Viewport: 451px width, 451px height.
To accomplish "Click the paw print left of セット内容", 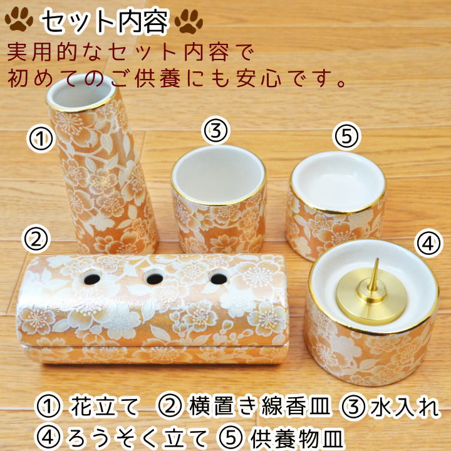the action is click(19, 19).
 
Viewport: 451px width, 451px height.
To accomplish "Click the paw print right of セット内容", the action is click(189, 21).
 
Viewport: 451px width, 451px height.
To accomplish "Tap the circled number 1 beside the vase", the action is click(41, 138).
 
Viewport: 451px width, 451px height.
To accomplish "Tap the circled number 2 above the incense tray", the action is click(36, 239).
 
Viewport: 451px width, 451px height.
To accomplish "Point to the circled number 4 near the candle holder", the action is click(428, 243).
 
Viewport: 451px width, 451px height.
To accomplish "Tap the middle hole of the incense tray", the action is click(155, 278).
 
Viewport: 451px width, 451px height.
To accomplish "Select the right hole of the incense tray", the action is click(219, 278).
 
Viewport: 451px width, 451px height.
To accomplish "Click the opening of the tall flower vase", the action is click(81, 93).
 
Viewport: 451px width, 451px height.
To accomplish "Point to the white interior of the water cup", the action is click(218, 175).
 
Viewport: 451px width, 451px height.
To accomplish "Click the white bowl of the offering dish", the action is click(338, 182).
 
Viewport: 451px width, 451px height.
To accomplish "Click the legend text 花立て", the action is click(105, 407).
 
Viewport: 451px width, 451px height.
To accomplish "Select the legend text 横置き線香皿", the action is click(259, 407).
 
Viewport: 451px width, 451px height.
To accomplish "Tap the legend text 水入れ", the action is click(405, 407).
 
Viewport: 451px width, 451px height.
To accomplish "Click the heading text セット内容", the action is click(104, 21).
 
